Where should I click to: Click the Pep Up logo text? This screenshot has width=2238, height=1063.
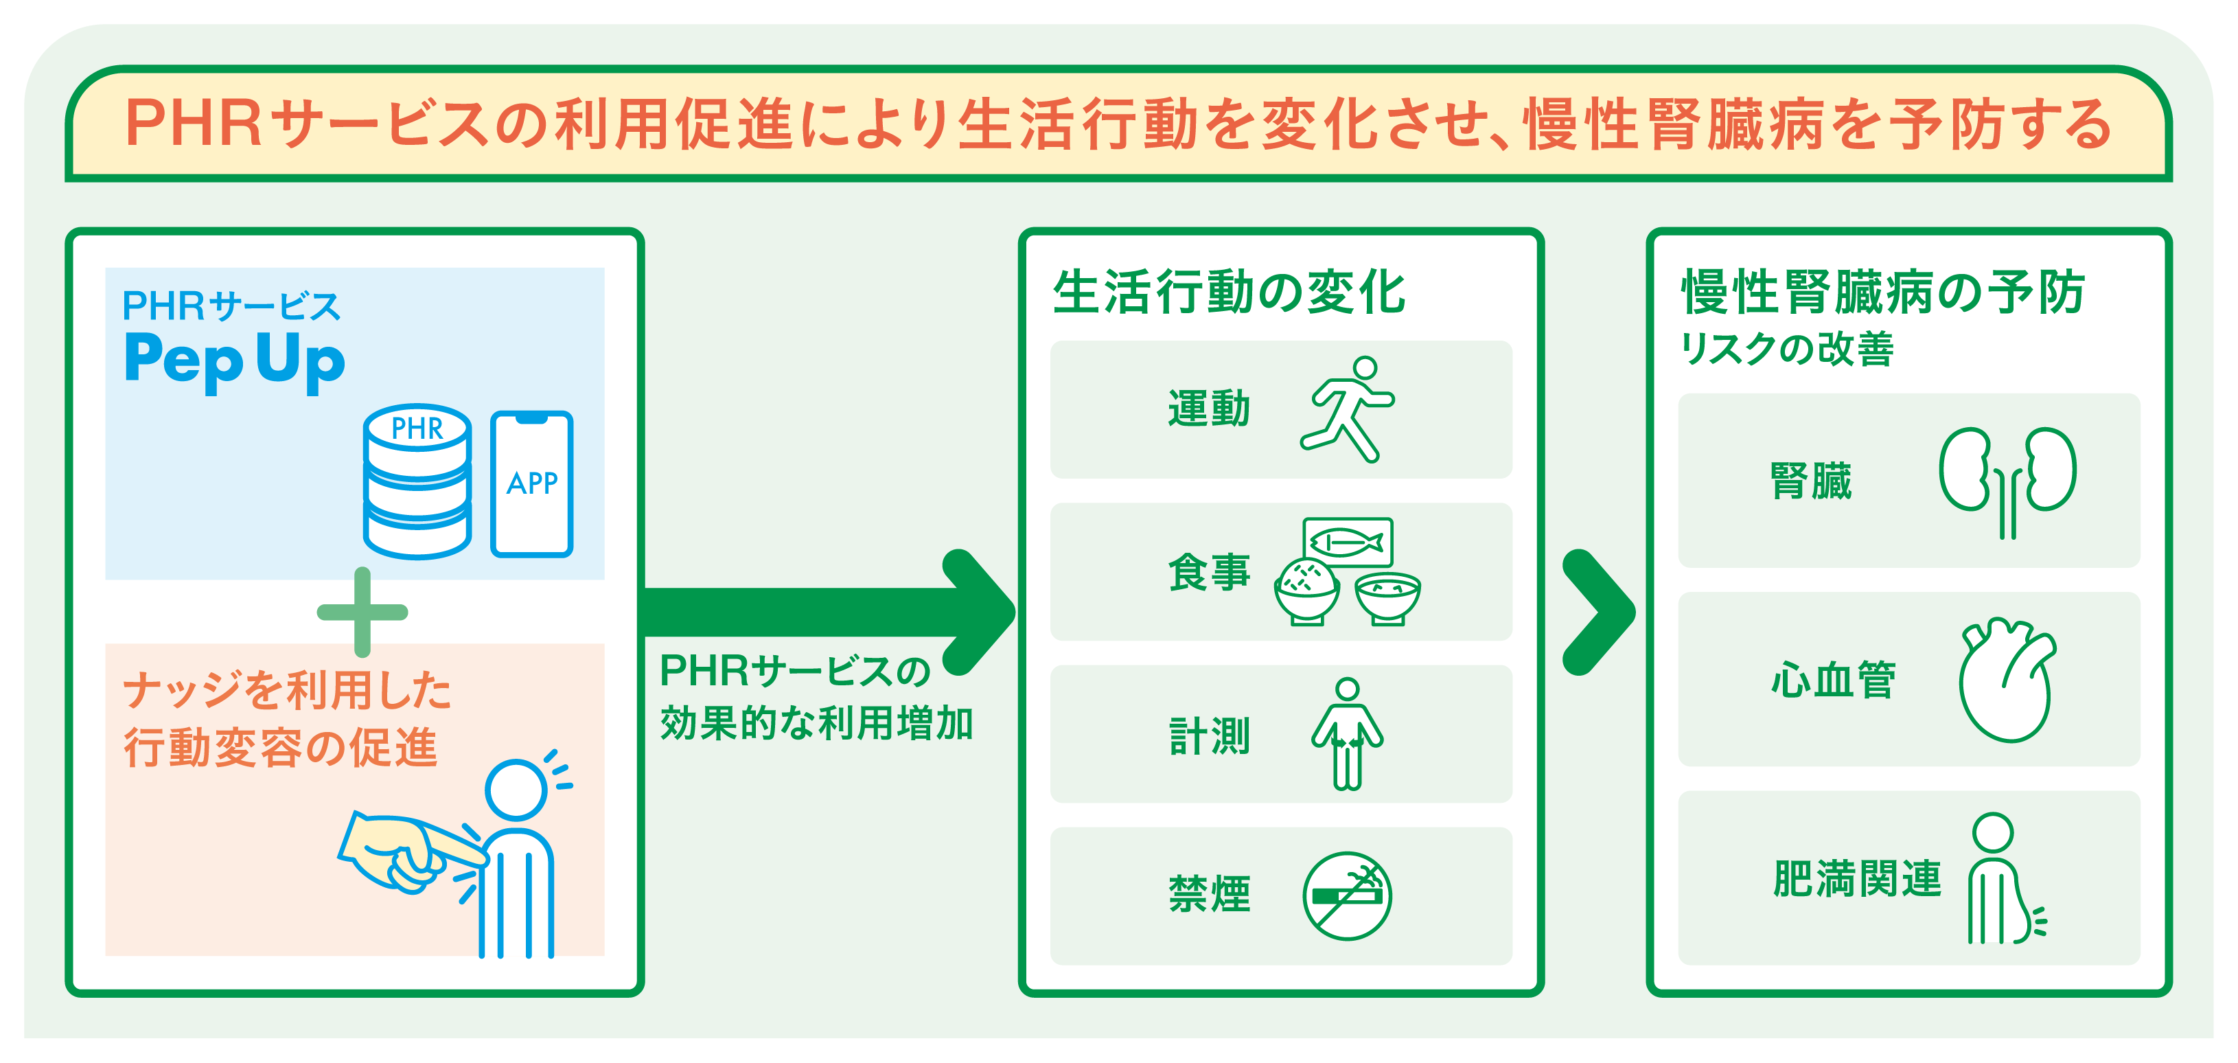[235, 360]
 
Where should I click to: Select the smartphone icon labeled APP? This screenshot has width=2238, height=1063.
[532, 483]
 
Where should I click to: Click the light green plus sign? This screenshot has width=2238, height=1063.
[362, 612]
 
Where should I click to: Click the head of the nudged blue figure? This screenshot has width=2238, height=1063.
[516, 789]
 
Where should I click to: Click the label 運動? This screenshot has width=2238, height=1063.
[1208, 409]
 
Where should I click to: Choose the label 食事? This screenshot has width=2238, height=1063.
[1208, 573]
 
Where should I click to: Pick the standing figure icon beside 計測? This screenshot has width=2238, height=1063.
[1347, 735]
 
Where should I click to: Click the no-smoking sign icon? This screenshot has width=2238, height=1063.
[1347, 895]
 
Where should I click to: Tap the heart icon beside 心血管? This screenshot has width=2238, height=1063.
[2008, 680]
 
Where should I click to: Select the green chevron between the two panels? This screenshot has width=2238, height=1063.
[1597, 612]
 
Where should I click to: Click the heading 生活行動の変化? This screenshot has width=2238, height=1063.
[1228, 292]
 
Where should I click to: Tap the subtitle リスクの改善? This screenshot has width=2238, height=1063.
[1787, 350]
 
